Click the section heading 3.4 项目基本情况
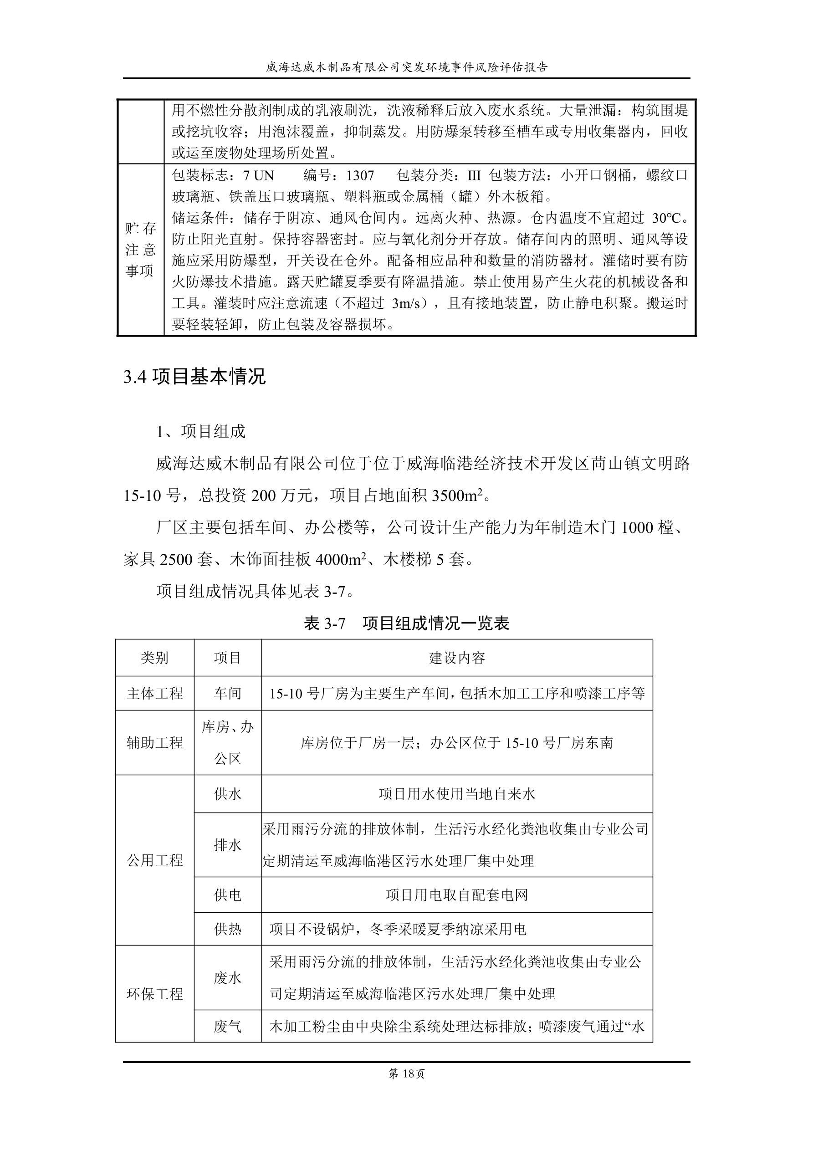tap(194, 377)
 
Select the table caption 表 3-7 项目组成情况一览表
tap(406, 623)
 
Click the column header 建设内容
tap(456, 658)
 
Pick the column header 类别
tap(154, 658)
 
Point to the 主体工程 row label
tap(154, 693)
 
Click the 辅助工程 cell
tap(154, 742)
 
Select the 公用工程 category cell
tap(154, 860)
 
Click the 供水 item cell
tap(227, 794)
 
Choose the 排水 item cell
tap(227, 845)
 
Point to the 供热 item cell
tap(227, 929)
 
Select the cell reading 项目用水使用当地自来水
tap(456, 794)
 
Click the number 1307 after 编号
tap(360, 175)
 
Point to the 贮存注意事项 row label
tap(140, 250)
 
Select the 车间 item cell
tap(227, 693)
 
